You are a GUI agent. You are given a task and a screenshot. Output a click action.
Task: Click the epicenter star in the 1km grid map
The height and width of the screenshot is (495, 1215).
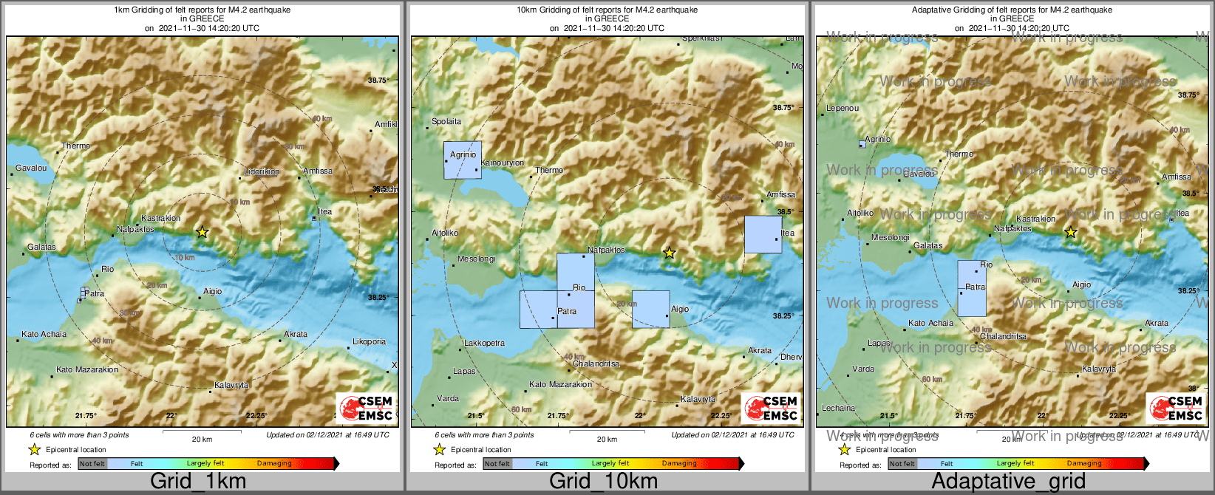[202, 232]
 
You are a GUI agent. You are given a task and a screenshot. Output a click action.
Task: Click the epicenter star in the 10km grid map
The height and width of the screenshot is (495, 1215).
[669, 253]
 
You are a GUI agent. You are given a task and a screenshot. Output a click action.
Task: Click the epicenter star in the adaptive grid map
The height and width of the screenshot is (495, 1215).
[1070, 233]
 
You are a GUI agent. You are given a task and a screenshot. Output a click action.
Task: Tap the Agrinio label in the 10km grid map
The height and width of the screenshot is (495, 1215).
[463, 154]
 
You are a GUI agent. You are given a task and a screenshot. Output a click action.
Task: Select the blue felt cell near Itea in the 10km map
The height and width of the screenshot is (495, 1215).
[763, 234]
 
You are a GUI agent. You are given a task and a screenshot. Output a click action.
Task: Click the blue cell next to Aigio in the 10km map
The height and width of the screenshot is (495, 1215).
[650, 309]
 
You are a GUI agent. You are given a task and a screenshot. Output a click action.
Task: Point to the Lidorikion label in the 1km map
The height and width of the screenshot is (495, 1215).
[262, 171]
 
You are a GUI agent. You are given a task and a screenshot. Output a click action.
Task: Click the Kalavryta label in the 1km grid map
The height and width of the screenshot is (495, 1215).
[231, 385]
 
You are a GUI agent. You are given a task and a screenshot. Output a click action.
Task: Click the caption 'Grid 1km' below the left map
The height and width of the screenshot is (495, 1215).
[198, 481]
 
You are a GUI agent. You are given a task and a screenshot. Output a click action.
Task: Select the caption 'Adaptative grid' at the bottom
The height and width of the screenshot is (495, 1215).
[1008, 481]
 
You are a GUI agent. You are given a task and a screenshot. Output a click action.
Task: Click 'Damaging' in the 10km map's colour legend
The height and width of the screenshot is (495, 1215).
[679, 463]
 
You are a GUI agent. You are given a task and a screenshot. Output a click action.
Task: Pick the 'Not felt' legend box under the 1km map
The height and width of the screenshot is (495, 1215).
[92, 463]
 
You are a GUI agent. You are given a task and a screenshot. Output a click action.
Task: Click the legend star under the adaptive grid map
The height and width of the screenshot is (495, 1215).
[844, 449]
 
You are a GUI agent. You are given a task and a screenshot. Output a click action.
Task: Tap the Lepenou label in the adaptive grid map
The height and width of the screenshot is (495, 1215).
[843, 108]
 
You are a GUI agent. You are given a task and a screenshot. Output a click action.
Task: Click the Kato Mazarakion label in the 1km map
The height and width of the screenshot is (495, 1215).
[87, 369]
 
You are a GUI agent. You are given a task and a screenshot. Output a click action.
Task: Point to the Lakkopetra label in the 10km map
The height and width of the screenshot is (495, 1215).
[484, 343]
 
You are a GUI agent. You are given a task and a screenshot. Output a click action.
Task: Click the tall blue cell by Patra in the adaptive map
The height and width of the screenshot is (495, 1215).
[971, 288]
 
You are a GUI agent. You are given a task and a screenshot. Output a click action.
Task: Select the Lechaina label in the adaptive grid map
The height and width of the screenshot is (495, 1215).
[838, 408]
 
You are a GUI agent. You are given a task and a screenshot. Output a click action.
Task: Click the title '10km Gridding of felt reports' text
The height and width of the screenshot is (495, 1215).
[607, 10]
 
